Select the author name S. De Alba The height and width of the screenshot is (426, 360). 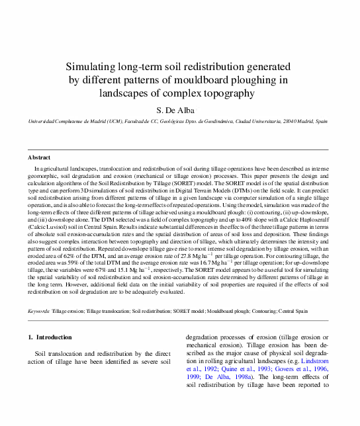click(179, 110)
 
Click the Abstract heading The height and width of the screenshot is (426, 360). click(39, 157)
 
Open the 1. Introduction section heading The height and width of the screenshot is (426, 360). click(50, 337)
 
